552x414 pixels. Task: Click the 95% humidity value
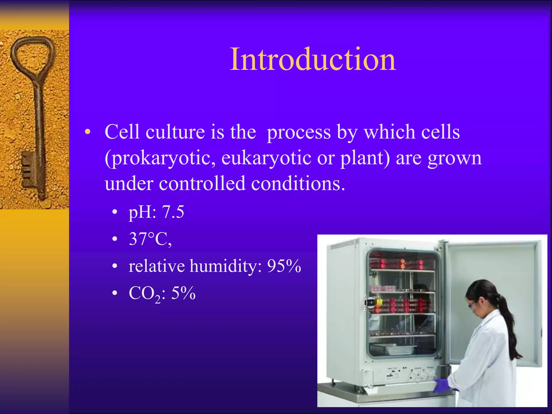(x=284, y=266)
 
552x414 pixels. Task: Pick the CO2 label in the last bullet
(x=144, y=294)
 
